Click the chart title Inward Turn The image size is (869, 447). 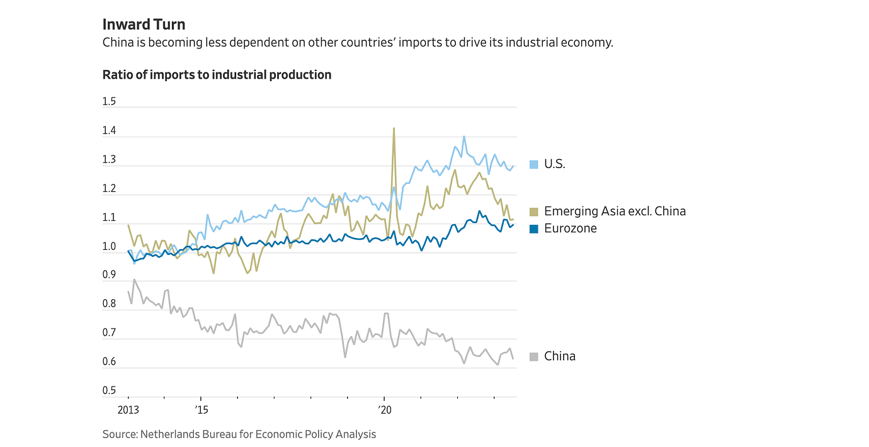pos(144,25)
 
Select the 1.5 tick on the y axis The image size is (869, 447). pos(109,102)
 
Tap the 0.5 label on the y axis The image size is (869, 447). pos(109,391)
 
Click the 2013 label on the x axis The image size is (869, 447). pos(128,409)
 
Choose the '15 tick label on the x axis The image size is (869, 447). pos(201,409)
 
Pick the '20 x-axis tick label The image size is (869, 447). pos(385,409)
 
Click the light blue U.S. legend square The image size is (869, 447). pos(534,164)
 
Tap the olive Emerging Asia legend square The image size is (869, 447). pos(534,212)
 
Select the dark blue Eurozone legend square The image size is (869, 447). pos(534,229)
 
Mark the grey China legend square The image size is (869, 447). pos(534,356)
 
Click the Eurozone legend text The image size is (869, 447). pos(570,229)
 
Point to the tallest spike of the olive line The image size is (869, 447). pos(394,128)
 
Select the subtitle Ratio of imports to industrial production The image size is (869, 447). pos(217,75)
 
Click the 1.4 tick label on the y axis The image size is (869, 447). pos(109,131)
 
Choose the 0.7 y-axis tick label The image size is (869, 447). pos(109,333)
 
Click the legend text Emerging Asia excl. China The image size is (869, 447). pos(615,212)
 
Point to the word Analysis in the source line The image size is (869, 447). pos(355,434)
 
